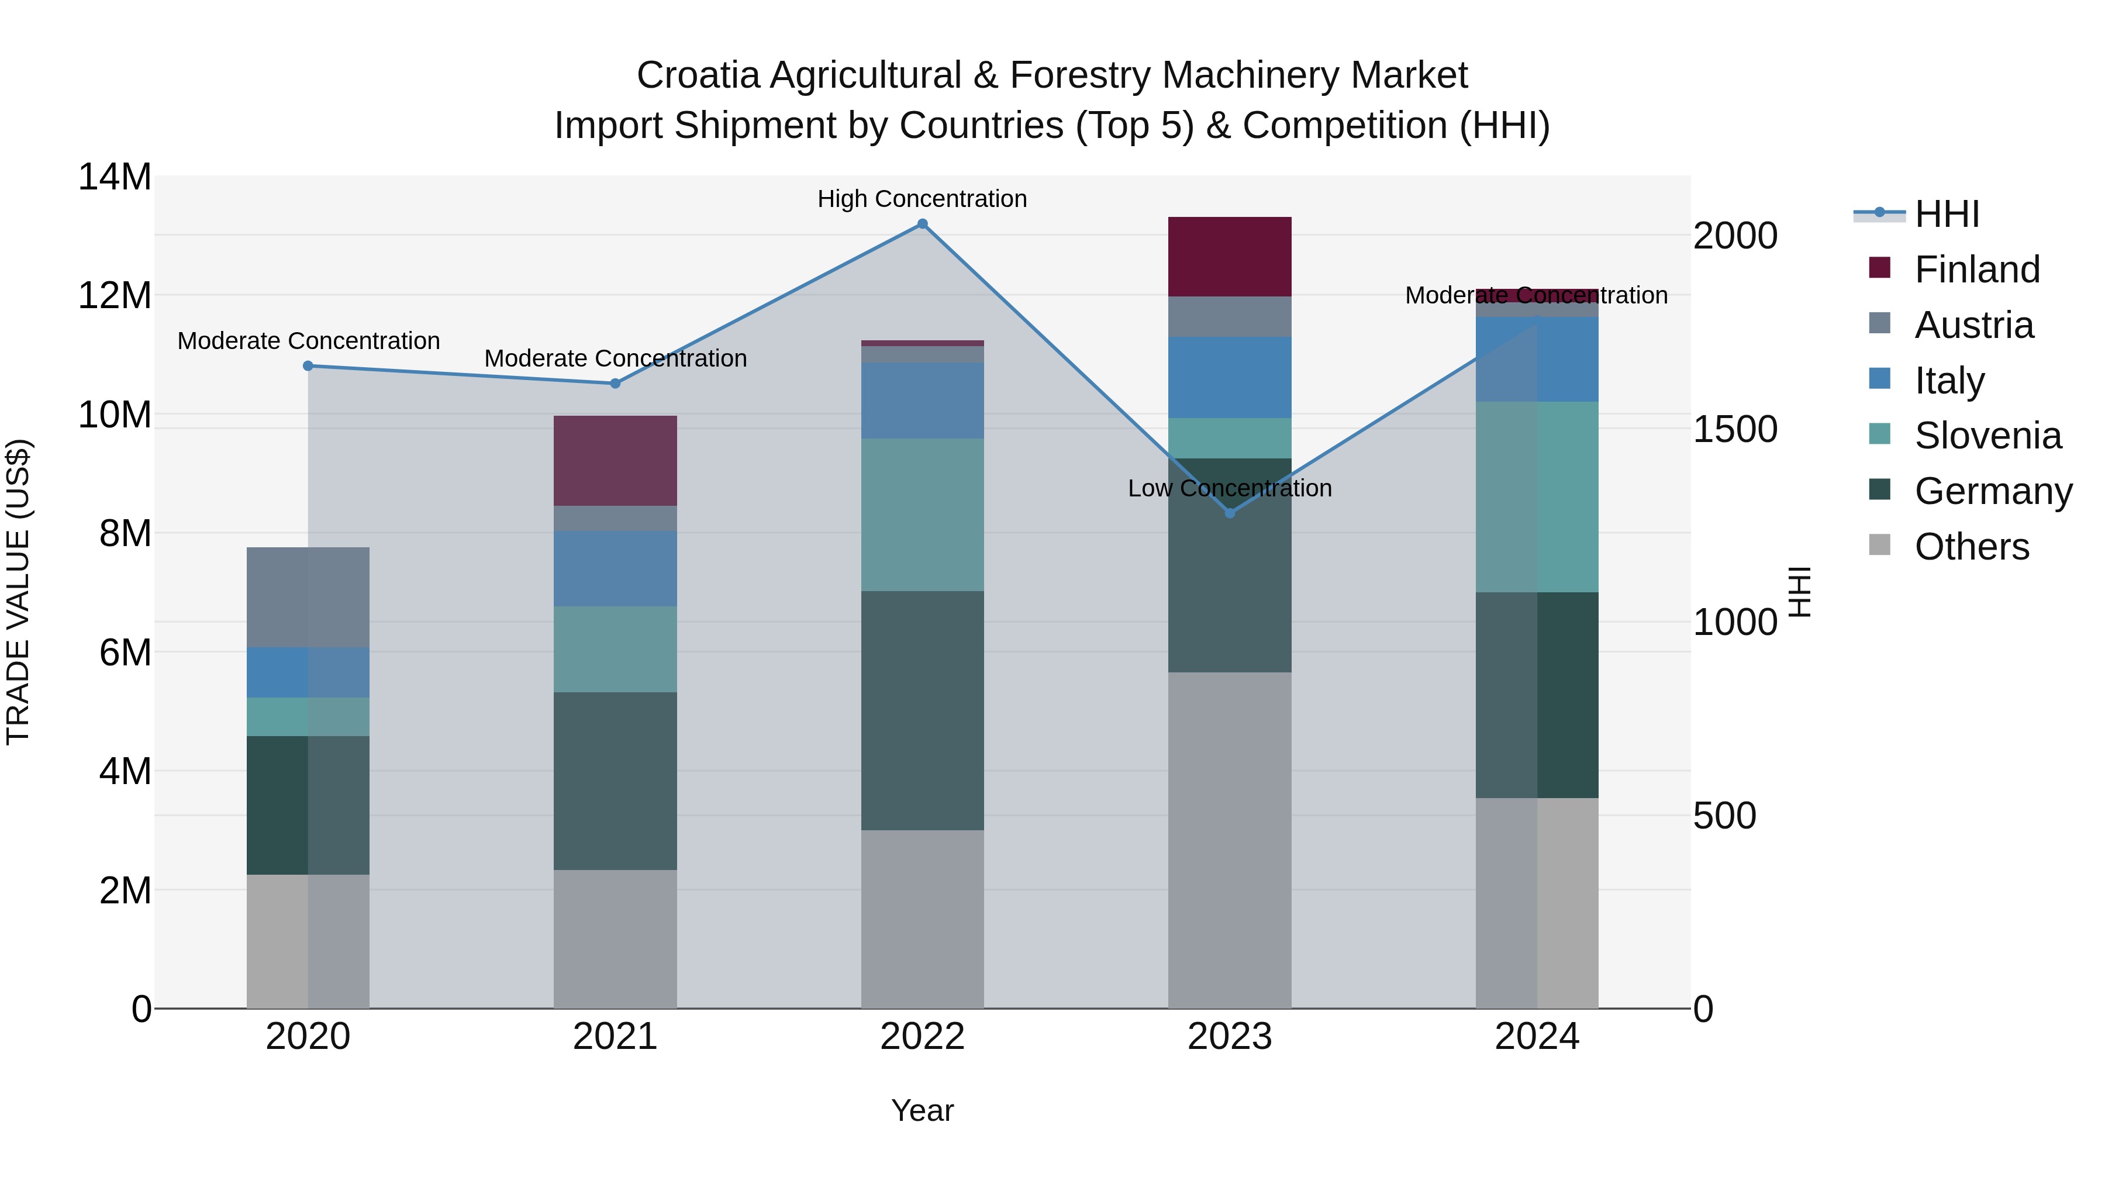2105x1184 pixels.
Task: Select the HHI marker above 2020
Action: (308, 366)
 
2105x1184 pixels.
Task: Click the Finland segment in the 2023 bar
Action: (1229, 257)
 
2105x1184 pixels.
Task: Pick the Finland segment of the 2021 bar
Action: (615, 461)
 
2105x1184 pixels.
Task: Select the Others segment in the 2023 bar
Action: (1229, 840)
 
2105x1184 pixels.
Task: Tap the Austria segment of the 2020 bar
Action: (308, 598)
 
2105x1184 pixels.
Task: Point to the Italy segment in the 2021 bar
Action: (615, 569)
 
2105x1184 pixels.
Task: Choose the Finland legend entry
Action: (1977, 270)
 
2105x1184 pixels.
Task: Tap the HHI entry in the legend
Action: (1947, 214)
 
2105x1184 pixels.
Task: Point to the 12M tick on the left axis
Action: (115, 295)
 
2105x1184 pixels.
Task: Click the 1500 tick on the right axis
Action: (1734, 429)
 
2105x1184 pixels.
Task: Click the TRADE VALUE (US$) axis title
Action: (18, 592)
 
